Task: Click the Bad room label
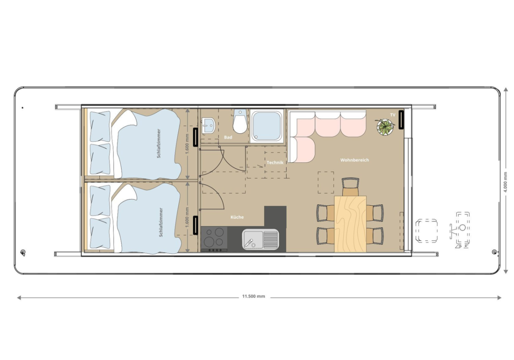[228, 137]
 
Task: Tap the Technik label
[275, 162]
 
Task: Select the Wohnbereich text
[355, 160]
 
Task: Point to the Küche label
[237, 217]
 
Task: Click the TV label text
[393, 115]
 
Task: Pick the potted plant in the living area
[386, 127]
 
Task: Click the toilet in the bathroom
[240, 121]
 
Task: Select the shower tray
[266, 126]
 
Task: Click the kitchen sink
[260, 239]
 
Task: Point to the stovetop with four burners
[214, 239]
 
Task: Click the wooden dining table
[350, 224]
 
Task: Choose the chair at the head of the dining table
[350, 187]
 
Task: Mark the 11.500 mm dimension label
[254, 296]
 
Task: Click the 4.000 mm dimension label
[506, 182]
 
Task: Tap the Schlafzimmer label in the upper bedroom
[158, 144]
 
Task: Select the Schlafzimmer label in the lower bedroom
[161, 222]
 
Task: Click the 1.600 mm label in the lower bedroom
[187, 218]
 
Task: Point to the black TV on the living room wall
[401, 120]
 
